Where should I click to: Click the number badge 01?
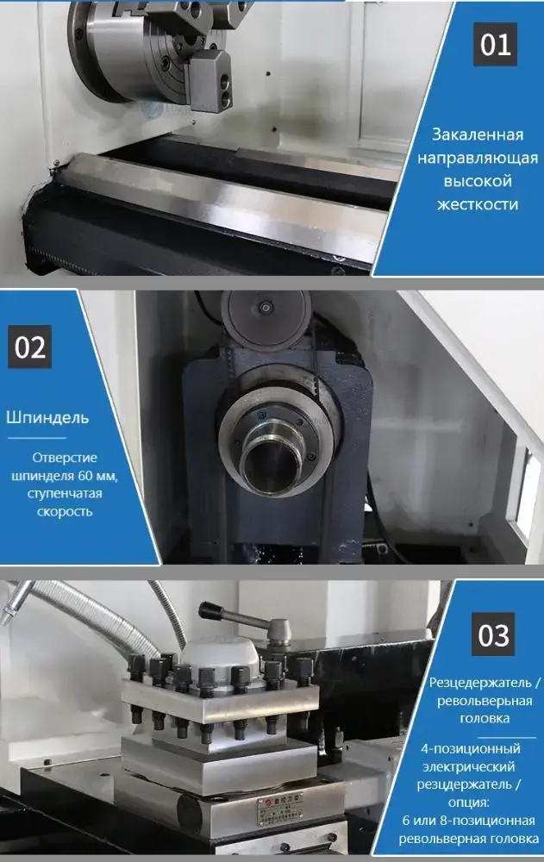(x=495, y=45)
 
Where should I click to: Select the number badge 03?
(x=494, y=635)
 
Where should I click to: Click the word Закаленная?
(x=478, y=135)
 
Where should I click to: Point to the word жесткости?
(x=478, y=204)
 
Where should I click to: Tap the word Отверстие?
(x=65, y=458)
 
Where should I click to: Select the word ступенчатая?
(x=65, y=493)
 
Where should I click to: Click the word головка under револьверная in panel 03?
(x=485, y=717)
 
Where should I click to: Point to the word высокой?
(x=478, y=181)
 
